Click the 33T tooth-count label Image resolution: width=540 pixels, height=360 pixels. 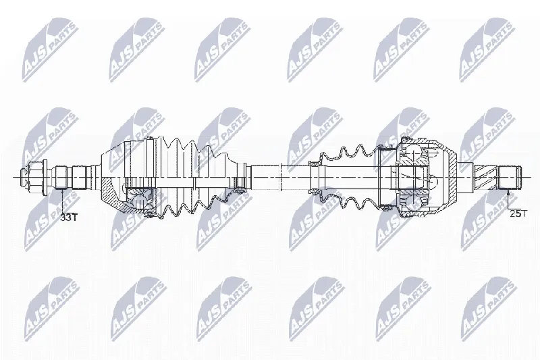point(70,217)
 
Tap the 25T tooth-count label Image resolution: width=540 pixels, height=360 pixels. point(518,213)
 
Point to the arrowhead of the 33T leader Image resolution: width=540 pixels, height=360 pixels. point(61,191)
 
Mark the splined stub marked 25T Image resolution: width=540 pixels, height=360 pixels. point(510,178)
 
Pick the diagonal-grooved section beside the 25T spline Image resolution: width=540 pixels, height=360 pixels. point(487,177)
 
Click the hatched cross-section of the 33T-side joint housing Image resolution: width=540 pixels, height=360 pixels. point(113,197)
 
